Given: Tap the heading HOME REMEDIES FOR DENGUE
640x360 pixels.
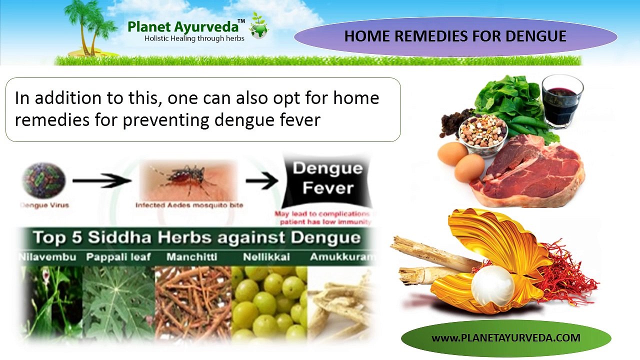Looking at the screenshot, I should (x=455, y=36).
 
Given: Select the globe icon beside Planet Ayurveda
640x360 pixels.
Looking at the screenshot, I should (x=259, y=28).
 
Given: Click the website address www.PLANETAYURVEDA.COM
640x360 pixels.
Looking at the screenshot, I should (x=505, y=338).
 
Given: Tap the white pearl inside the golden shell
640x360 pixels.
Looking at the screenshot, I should (x=492, y=285).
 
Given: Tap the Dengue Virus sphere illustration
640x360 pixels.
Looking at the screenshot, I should (x=43, y=180).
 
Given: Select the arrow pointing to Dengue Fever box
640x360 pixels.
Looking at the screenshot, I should (x=261, y=181).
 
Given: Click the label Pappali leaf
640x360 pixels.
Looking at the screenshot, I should (x=118, y=257).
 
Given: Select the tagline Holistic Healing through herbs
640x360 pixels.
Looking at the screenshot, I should (x=194, y=38).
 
